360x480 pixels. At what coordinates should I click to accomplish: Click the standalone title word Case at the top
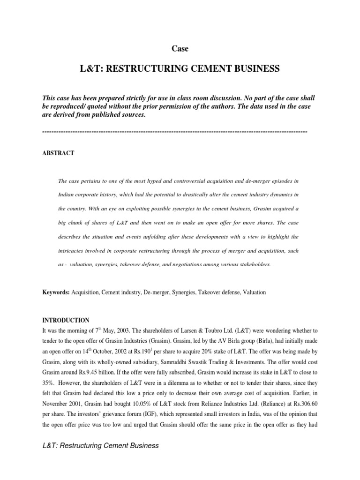[180, 48]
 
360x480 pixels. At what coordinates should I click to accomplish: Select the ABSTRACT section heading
[58, 153]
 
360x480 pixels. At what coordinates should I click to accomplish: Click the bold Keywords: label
[56, 292]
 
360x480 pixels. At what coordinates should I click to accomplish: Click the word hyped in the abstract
[174, 180]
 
